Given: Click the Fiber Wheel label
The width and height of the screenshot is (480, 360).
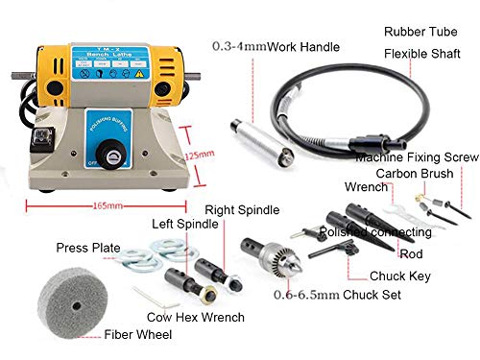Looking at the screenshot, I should [x=139, y=335].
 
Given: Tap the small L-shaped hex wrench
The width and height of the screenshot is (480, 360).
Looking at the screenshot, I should [x=141, y=294].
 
